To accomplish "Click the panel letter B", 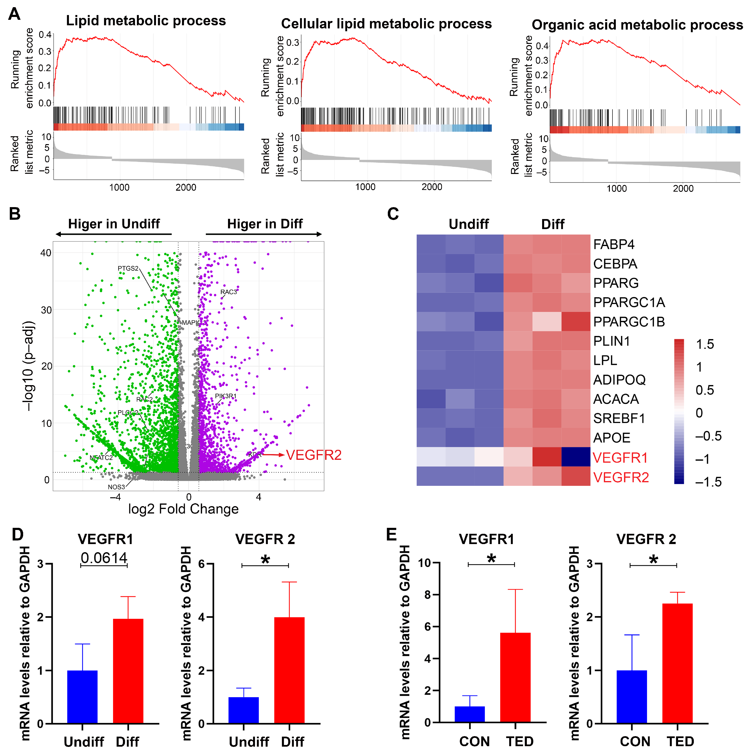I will tap(15, 214).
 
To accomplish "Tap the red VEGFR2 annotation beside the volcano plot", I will tap(313, 455).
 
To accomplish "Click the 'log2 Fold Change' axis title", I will tap(183, 509).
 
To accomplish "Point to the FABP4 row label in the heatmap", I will tap(613, 245).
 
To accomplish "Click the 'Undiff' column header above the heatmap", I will tap(468, 224).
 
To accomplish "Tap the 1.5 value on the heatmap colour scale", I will tap(705, 344).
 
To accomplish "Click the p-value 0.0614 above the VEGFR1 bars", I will tap(104, 558).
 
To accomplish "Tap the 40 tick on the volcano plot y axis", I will tap(46, 253).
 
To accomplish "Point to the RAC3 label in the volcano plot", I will tap(228, 292).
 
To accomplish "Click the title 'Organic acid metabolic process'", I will tap(637, 25).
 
